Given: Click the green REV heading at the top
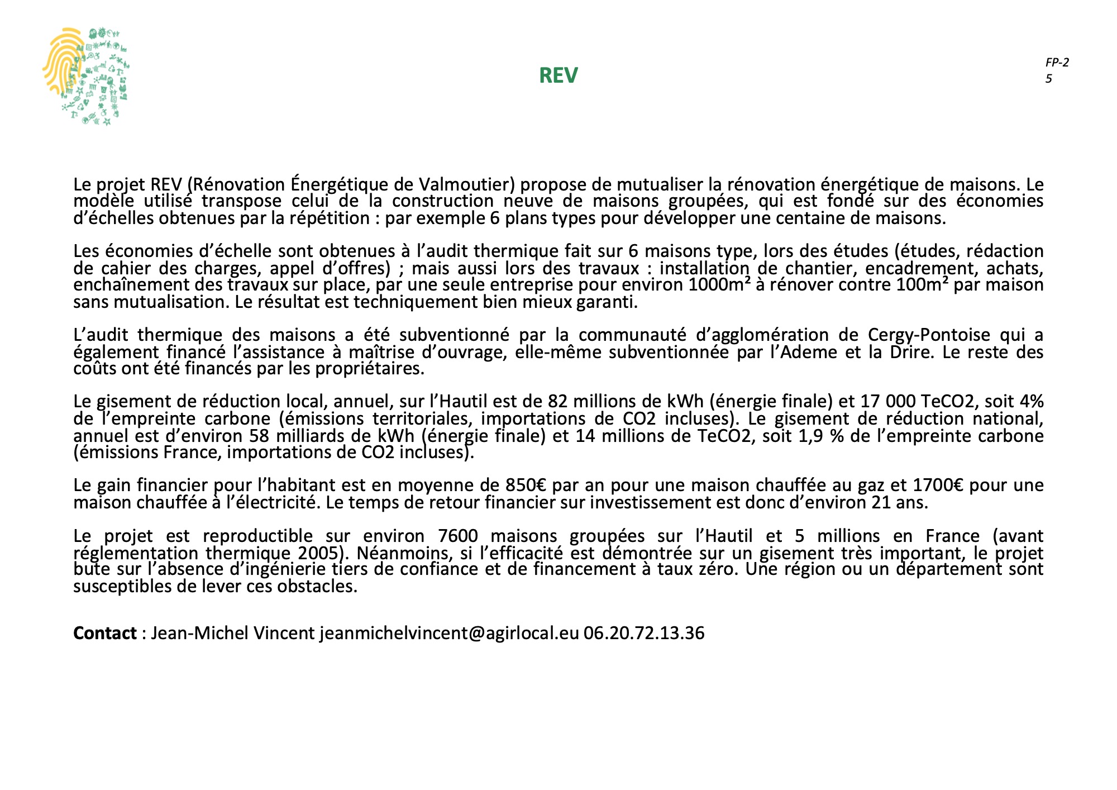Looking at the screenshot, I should pos(558,75).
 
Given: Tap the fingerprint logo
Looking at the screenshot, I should pos(85,76).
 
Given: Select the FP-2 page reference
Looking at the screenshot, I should pos(1057,63).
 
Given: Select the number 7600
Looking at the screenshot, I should pos(458,536).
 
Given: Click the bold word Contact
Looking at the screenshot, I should pos(105,633).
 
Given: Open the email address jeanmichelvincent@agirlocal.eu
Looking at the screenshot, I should pos(449,633).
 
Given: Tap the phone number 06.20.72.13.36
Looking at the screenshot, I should pos(644,633).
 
